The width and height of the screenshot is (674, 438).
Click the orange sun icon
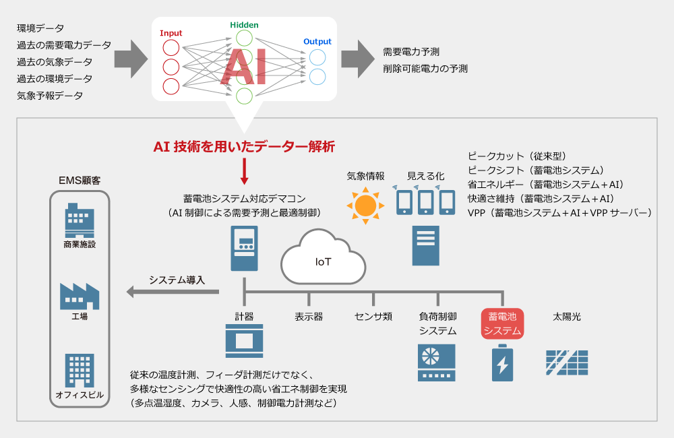tap(365, 206)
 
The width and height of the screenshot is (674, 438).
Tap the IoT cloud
tap(324, 258)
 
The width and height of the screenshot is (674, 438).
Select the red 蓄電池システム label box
tap(502, 323)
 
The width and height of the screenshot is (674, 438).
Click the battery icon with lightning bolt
tap(503, 363)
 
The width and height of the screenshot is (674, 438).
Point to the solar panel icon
tap(567, 363)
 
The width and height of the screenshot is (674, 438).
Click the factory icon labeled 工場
tap(80, 296)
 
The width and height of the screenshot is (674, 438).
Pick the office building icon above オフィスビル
tap(80, 371)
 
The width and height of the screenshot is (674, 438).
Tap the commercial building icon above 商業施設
tap(80, 220)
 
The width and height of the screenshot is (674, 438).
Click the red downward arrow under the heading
tap(244, 172)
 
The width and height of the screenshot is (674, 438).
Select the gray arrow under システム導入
tap(173, 292)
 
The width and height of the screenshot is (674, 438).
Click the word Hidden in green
tap(244, 25)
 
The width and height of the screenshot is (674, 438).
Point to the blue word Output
tap(317, 41)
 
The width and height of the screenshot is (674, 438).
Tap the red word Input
tap(171, 33)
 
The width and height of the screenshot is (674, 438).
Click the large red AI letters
tap(243, 67)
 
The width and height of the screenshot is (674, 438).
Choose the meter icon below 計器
tap(244, 341)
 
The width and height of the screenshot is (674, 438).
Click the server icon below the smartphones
tap(425, 245)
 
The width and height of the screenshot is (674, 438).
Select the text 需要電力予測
tap(411, 52)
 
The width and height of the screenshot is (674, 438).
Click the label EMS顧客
tap(80, 181)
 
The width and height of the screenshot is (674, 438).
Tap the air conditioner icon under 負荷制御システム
tap(436, 363)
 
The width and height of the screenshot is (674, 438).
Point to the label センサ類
tap(373, 317)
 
